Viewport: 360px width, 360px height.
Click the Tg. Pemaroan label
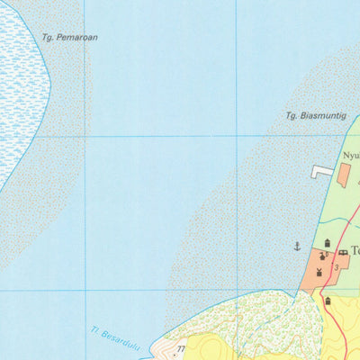click(x=69, y=38)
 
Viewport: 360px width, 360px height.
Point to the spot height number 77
click(x=180, y=347)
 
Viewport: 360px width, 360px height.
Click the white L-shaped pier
click(x=321, y=171)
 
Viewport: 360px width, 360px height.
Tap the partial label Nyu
click(x=350, y=155)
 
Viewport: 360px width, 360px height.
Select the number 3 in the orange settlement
click(x=336, y=267)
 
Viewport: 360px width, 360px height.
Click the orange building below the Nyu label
click(x=344, y=175)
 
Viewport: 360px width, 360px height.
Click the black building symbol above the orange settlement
click(x=327, y=242)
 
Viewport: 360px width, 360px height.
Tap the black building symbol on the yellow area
click(x=328, y=301)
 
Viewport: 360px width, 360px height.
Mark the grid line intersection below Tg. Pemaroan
click(x=85, y=137)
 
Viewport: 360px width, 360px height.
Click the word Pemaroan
click(x=76, y=38)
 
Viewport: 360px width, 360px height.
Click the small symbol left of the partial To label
click(x=343, y=253)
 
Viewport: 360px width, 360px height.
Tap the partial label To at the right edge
click(x=355, y=251)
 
